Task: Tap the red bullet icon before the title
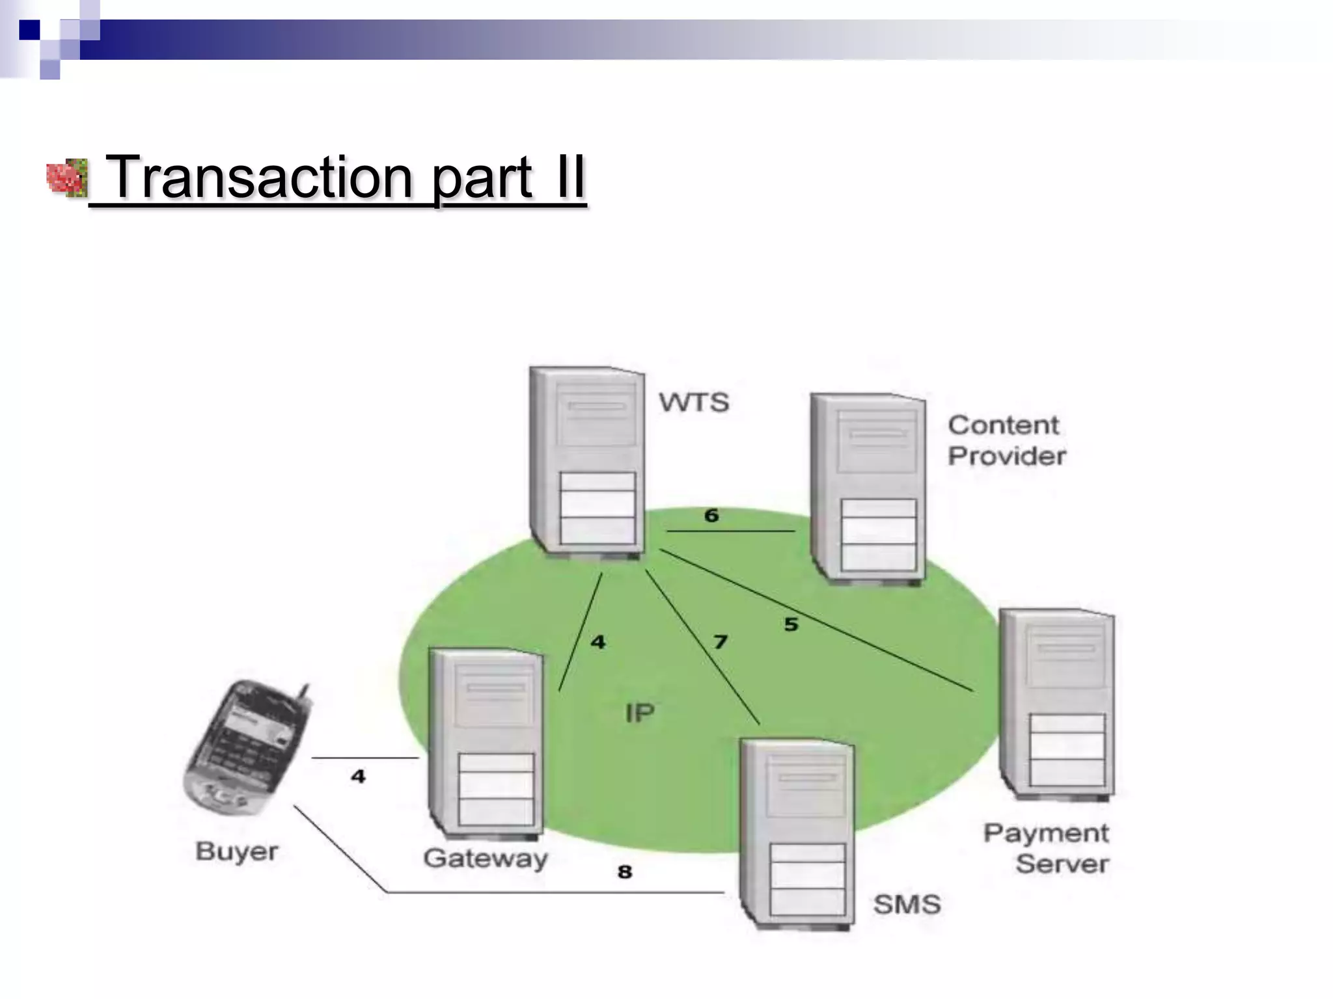coord(66,178)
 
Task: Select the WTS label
coord(694,402)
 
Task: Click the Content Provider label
coord(1006,440)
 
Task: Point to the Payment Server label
coord(1047,848)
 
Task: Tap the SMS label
coord(907,904)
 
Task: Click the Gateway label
coord(486,859)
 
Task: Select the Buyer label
coord(237,851)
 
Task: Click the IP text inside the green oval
coord(640,713)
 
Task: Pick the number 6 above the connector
coord(711,516)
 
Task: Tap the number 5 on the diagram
coord(791,624)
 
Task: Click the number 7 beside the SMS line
coord(720,642)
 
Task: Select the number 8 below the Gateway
coord(625,872)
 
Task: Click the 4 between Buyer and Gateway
coord(358,776)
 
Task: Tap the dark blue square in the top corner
coord(29,30)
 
